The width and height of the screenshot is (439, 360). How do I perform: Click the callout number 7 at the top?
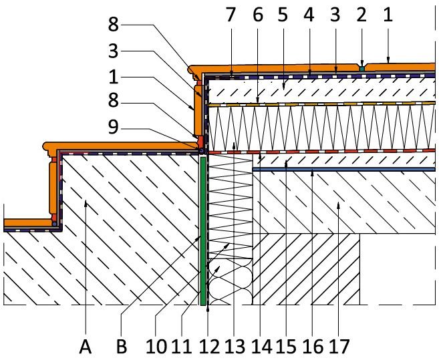click(231, 15)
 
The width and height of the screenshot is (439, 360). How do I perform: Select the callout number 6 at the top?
click(257, 15)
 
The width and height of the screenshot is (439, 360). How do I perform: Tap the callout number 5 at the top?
click(283, 15)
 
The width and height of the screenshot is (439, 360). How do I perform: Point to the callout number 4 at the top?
click(309, 15)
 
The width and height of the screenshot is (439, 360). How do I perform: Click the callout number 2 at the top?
click(361, 15)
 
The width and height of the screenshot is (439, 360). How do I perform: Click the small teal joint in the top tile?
click(362, 69)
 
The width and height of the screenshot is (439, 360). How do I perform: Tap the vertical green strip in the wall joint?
click(204, 231)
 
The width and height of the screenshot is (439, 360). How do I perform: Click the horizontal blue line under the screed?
click(344, 170)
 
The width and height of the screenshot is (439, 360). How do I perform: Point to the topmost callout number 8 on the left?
click(114, 24)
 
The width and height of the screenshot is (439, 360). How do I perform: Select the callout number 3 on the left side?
click(114, 51)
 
